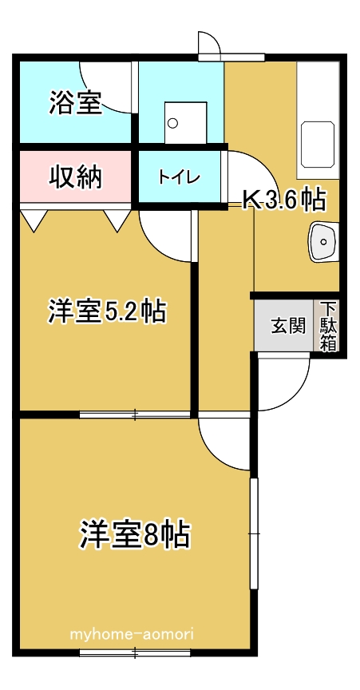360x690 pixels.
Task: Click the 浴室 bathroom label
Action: click(75, 102)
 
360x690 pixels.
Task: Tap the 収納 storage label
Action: click(75, 177)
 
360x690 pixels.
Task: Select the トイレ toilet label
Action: click(180, 177)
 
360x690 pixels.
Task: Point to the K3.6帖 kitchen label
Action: click(285, 200)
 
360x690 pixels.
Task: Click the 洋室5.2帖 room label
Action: click(107, 311)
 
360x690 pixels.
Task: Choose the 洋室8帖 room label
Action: click(135, 533)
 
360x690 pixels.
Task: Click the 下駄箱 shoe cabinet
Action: click(328, 326)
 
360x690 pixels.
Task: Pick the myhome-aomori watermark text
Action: click(133, 634)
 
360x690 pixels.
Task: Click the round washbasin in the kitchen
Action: click(323, 242)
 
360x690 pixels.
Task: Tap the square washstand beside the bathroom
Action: click(186, 123)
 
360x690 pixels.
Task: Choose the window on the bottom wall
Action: click(135, 652)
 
